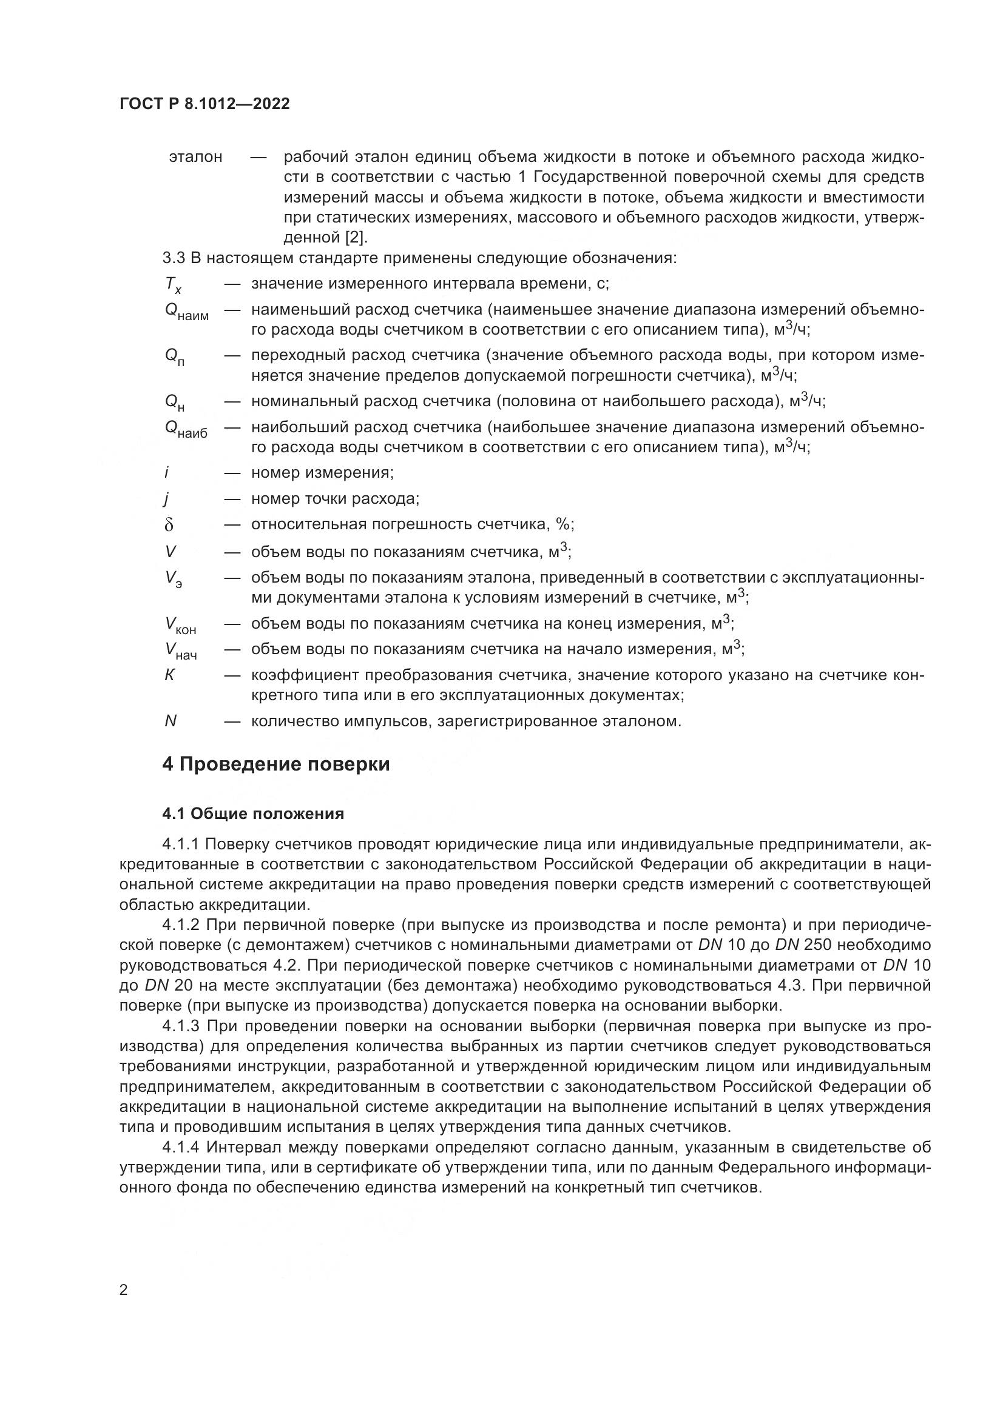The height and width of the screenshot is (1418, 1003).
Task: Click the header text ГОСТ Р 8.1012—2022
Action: [x=204, y=104]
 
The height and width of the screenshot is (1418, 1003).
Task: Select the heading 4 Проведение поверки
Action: [x=275, y=764]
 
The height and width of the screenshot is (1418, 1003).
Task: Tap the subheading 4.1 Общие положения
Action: [x=253, y=814]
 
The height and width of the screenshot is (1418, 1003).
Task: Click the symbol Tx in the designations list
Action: [x=173, y=284]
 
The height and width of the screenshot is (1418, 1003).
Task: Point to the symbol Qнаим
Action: [x=186, y=312]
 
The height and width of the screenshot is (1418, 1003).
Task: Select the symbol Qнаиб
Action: [x=186, y=429]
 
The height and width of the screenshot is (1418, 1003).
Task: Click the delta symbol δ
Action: [x=169, y=525]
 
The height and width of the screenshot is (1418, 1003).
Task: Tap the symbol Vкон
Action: [x=180, y=625]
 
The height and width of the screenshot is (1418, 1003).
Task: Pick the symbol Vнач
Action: [x=180, y=650]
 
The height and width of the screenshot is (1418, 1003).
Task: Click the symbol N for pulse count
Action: [x=171, y=721]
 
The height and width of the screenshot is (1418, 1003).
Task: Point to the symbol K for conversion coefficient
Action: [x=169, y=675]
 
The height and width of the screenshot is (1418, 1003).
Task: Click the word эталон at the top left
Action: [x=195, y=157]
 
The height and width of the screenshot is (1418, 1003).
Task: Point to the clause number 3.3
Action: [x=174, y=258]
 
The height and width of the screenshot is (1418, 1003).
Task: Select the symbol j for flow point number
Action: [x=167, y=499]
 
